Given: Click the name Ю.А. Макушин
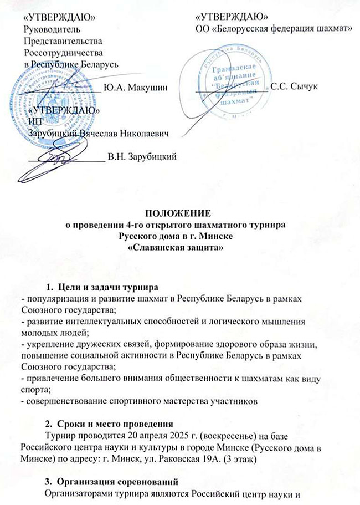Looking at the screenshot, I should pyautogui.click(x=136, y=88).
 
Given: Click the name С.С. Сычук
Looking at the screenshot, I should pyautogui.click(x=293, y=88).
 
